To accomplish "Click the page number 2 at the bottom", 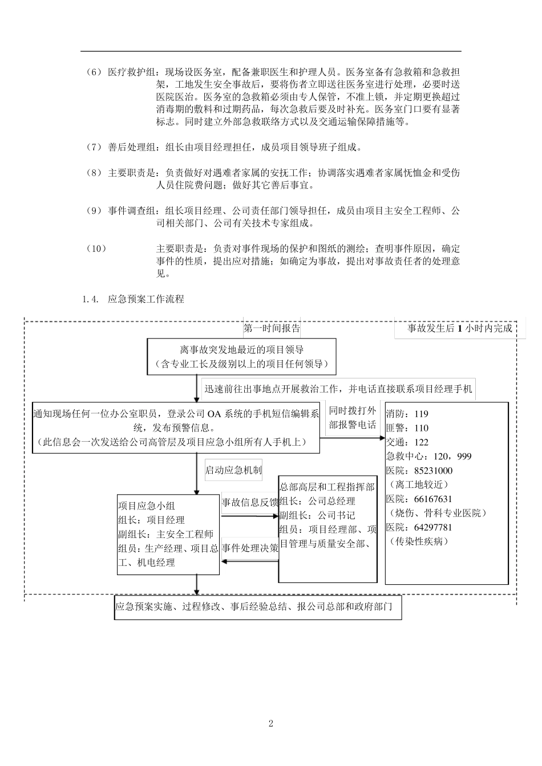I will pos(271,724).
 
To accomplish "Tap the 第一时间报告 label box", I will pos(272,328).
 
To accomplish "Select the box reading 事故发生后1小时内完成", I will pos(459,328).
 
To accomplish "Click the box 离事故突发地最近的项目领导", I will pos(241,357).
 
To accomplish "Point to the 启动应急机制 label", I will pos(233,470).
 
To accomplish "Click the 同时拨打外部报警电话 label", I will pos(353,417).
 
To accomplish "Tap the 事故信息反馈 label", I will pos(250,502).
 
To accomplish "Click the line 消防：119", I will pos(407,414).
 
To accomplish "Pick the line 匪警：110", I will pos(407,428).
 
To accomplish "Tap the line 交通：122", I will pos(407,442).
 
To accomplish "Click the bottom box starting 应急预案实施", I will pos(257,608).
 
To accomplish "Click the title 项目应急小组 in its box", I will pos(147,506).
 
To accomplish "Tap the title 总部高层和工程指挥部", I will pos(327,487).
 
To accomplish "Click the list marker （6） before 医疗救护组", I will pos(93,72).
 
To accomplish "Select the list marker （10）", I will pos(95,248).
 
